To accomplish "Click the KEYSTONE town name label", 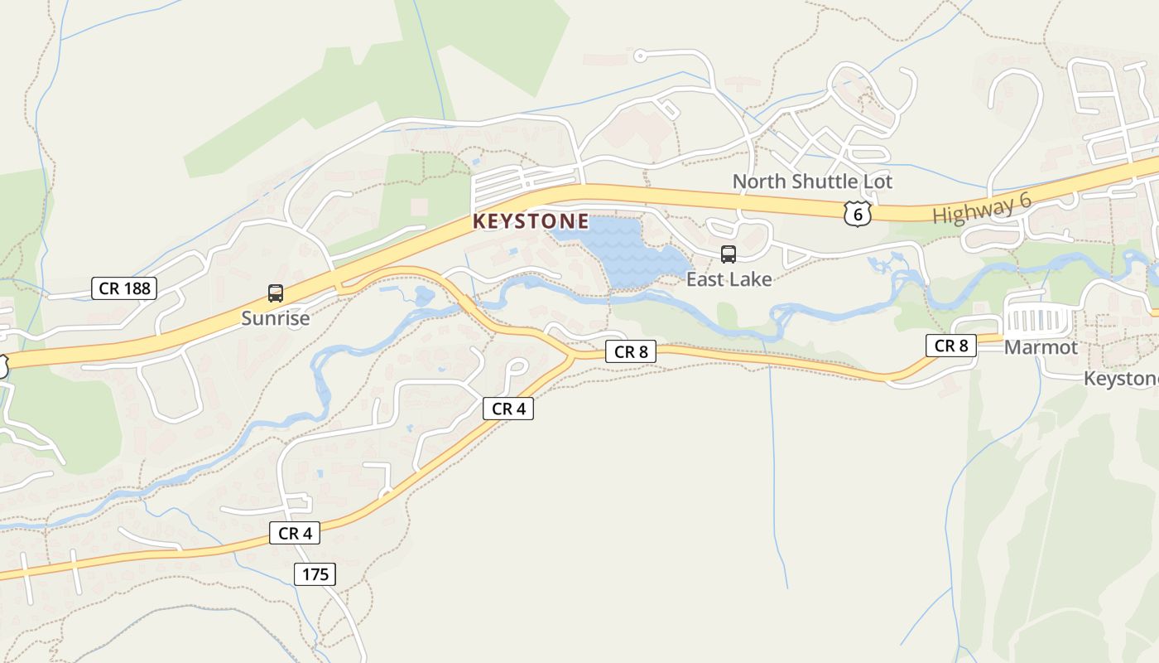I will coord(531,221).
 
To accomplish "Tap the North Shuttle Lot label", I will coord(812,181).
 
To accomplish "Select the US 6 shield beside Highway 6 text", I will coord(858,213).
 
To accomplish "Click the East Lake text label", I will coord(729,279).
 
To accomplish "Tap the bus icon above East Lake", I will coord(729,254).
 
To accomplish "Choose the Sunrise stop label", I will coord(276,318).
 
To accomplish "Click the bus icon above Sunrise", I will coord(276,293).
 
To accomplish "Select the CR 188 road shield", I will coord(124,288).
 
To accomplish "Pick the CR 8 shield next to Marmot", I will coord(951,346).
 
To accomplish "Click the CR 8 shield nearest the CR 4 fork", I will coord(631,351).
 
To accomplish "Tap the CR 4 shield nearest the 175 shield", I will coord(295,534).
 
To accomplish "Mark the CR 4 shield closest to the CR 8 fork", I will coord(508,409).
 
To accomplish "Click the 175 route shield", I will coord(315,573).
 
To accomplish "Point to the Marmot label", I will coord(1041,347).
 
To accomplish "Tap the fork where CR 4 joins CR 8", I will coord(571,356).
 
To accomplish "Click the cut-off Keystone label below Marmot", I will coord(1122,379).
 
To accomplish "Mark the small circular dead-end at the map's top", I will coord(639,56).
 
